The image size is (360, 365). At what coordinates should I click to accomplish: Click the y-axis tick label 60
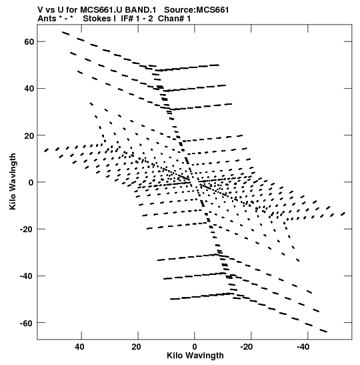pos(29,41)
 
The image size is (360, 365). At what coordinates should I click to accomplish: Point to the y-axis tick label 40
pos(29,89)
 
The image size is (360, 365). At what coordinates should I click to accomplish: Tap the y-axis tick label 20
pos(29,135)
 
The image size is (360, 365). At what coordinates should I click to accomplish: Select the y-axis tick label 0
pos(31,182)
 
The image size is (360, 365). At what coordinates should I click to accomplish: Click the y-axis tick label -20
pos(27,230)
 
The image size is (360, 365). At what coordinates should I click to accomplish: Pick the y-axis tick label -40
pos(27,276)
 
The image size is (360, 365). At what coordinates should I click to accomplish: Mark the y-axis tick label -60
pos(27,323)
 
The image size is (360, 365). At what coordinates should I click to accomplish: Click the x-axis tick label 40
pos(79,347)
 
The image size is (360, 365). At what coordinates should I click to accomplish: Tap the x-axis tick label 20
pos(136,347)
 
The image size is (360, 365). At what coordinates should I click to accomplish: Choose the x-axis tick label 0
pos(195,347)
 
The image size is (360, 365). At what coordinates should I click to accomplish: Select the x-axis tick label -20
pos(247,347)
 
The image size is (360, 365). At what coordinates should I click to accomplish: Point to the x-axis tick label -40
pos(303,347)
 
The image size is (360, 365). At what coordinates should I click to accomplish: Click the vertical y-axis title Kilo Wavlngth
pos(13,181)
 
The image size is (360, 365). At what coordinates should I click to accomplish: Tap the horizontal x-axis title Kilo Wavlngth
pos(195,356)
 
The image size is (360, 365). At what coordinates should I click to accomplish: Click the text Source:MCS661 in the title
pos(197,10)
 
